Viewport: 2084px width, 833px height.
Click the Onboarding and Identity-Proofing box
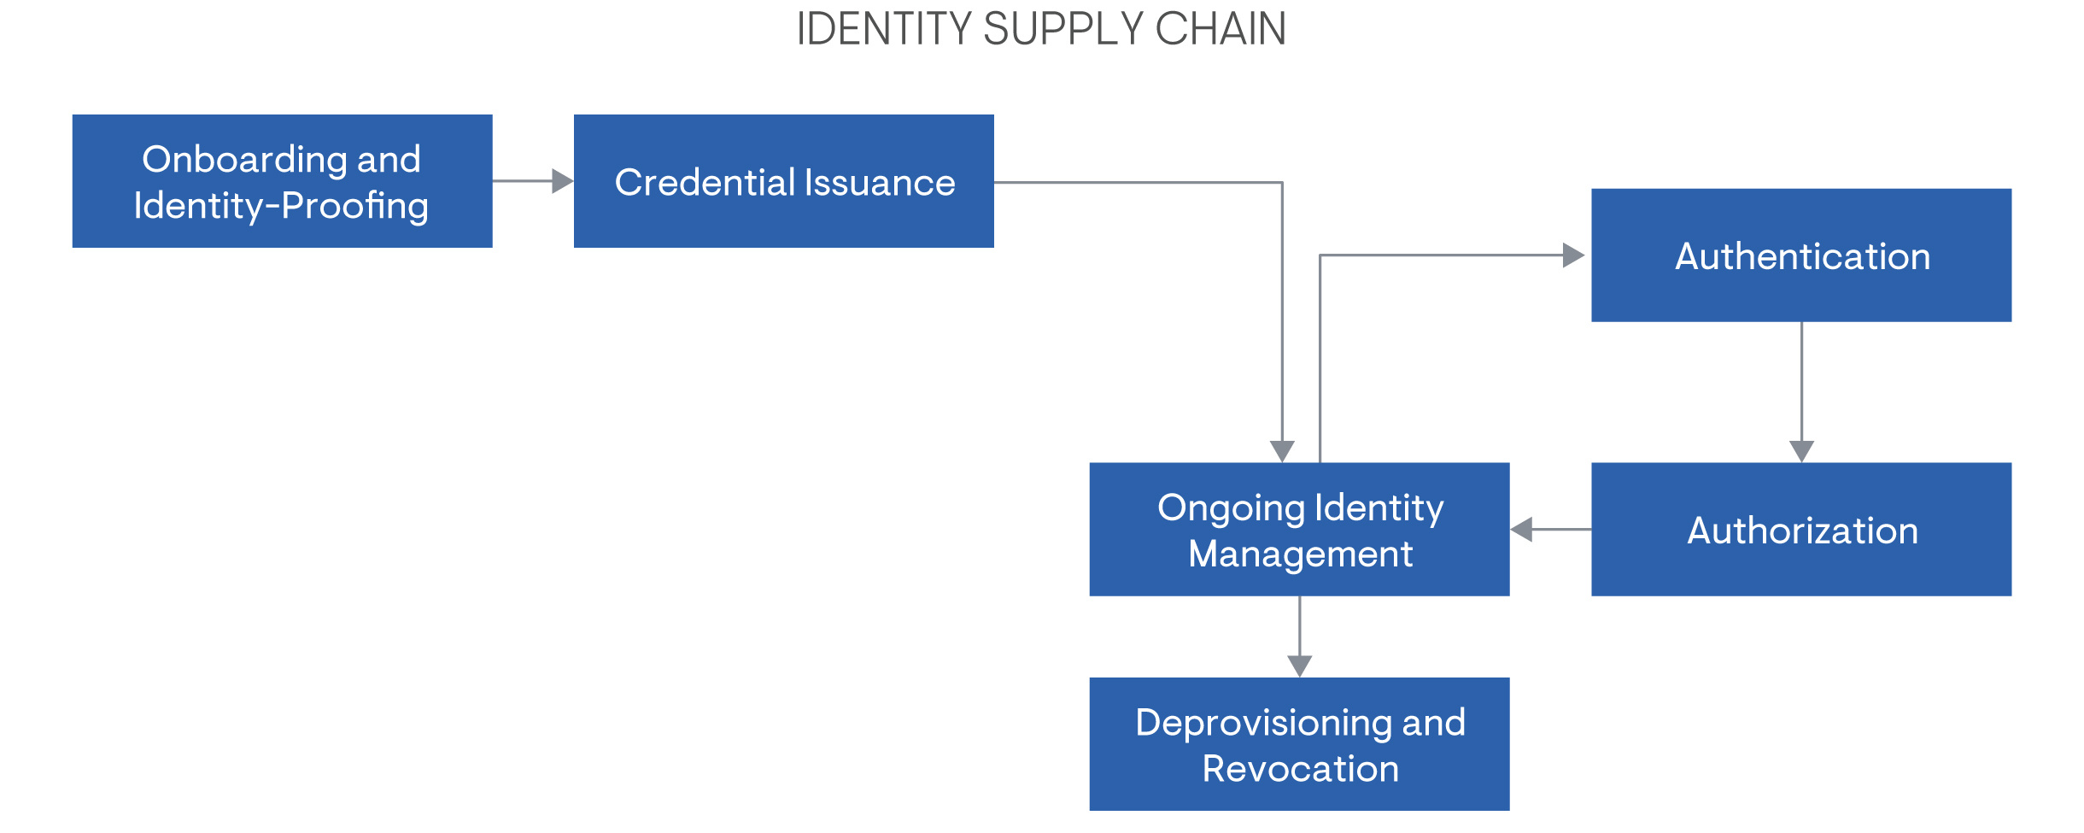pos(282,181)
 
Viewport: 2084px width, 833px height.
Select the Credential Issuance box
pos(783,181)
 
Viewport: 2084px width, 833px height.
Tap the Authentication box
pos(1800,255)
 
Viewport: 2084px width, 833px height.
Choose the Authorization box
pos(1800,530)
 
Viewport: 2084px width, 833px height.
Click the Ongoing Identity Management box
pos(1299,530)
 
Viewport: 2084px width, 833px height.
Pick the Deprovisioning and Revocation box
pos(1299,744)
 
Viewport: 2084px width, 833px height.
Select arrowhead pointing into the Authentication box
pos(1573,255)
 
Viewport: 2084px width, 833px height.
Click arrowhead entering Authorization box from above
pos(1801,451)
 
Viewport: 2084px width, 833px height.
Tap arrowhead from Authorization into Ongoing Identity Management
pos(1521,530)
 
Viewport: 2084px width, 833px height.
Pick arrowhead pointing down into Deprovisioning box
pos(1299,666)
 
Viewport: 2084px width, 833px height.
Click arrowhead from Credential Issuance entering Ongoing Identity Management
pos(1282,451)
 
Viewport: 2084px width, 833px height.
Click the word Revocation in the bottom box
pos(1300,769)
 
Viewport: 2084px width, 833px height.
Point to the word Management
pos(1300,554)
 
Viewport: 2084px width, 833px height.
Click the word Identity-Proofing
pos(281,206)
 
